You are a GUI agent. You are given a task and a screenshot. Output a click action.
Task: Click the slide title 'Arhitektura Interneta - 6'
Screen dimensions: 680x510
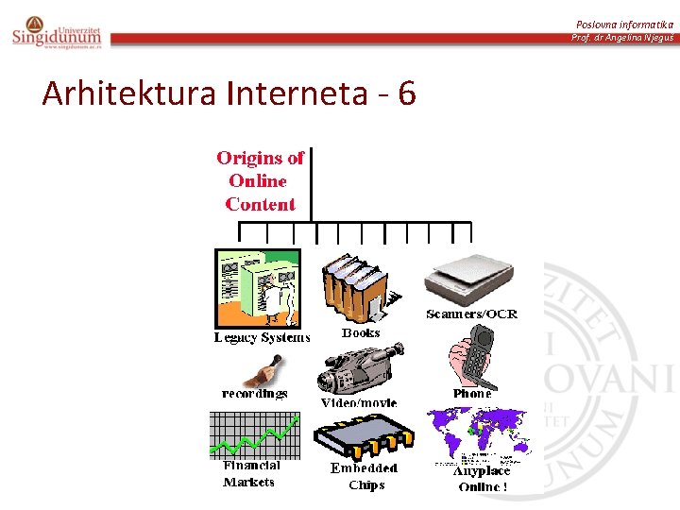coord(229,93)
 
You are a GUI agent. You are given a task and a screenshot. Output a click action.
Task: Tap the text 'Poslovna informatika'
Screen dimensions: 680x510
coord(625,23)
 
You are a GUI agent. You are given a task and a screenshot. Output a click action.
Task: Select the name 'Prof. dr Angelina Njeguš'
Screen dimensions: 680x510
coord(622,38)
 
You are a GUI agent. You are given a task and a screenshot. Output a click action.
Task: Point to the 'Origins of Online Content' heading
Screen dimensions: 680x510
coord(260,180)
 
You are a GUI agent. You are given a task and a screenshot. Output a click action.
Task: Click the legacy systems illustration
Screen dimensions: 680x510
coord(257,287)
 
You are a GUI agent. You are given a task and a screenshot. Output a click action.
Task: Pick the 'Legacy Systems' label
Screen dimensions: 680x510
coord(262,337)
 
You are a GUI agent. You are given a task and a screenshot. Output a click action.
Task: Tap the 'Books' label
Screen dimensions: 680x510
coord(361,332)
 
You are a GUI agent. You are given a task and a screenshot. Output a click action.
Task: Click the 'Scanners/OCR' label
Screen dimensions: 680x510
coord(471,314)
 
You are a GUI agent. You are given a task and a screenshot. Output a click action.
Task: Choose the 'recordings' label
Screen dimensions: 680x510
coord(255,393)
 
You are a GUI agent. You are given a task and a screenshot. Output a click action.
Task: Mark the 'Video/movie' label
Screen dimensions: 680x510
coord(359,403)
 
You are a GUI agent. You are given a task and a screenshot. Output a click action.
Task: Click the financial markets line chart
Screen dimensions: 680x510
coord(253,433)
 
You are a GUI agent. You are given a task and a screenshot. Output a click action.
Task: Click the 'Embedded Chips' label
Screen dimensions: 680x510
coord(365,476)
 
